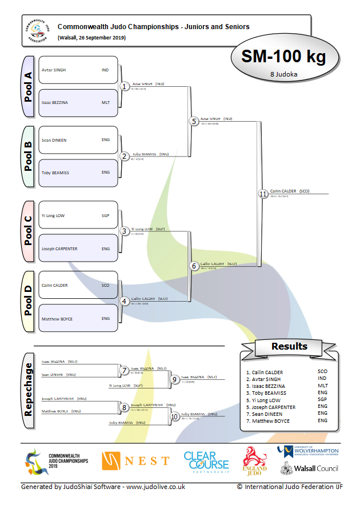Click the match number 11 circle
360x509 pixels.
coord(263,194)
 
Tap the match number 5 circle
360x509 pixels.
coord(194,122)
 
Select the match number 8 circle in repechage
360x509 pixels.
coord(125,408)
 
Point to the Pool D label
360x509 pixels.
coord(28,302)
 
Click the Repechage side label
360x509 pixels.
coord(28,390)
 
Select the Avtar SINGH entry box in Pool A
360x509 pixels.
coord(78,70)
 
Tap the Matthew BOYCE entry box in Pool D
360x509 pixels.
coord(78,319)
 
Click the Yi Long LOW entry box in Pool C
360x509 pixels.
coord(78,216)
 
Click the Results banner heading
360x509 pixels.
coord(289,346)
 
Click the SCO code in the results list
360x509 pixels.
coord(322,372)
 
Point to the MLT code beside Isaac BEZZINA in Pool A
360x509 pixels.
coord(105,103)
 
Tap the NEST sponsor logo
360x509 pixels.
coord(136,460)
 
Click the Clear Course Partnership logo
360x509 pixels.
coord(206,462)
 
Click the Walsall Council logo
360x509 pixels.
coord(309,468)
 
